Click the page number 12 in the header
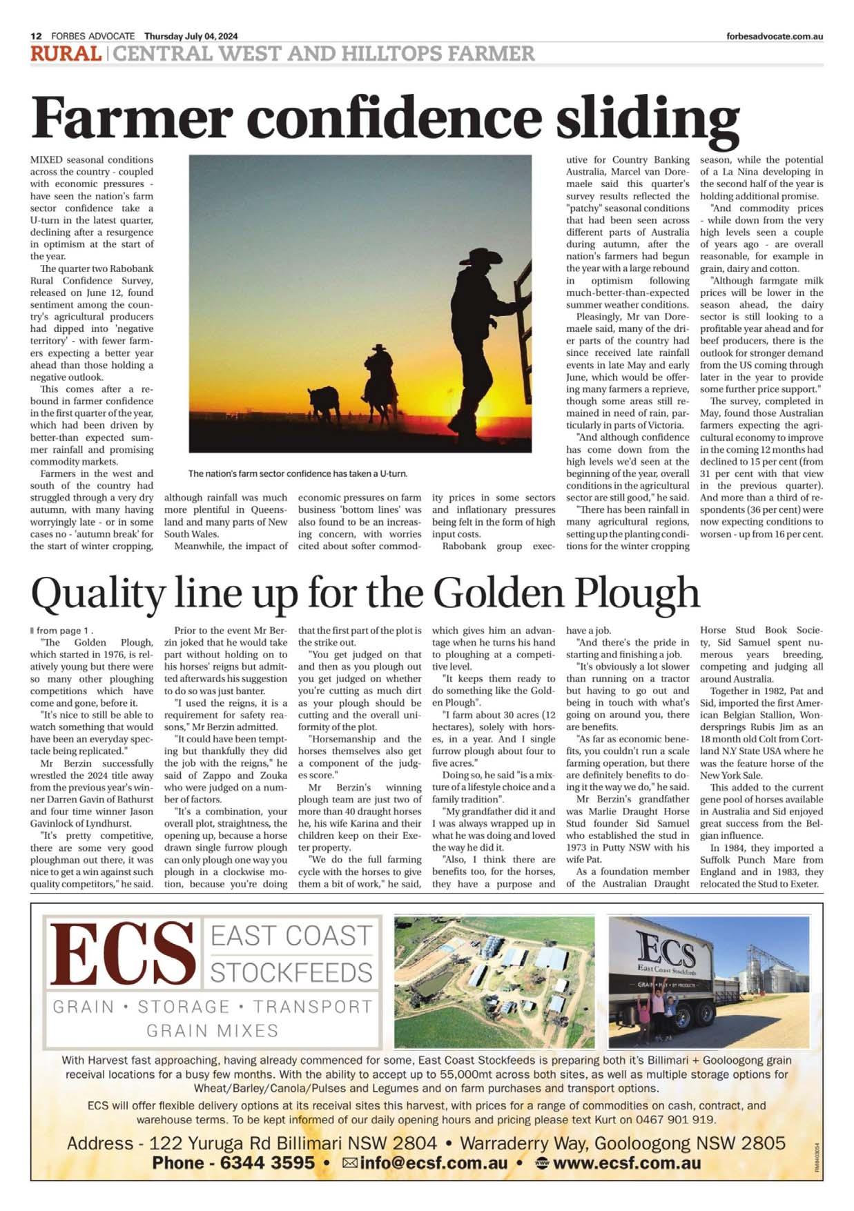click(36, 37)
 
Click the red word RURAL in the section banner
click(66, 53)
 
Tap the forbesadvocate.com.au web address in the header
click(775, 37)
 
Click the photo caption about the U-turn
click(298, 474)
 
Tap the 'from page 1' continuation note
click(64, 630)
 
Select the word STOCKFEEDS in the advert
click(291, 973)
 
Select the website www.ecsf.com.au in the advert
click(627, 1163)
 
